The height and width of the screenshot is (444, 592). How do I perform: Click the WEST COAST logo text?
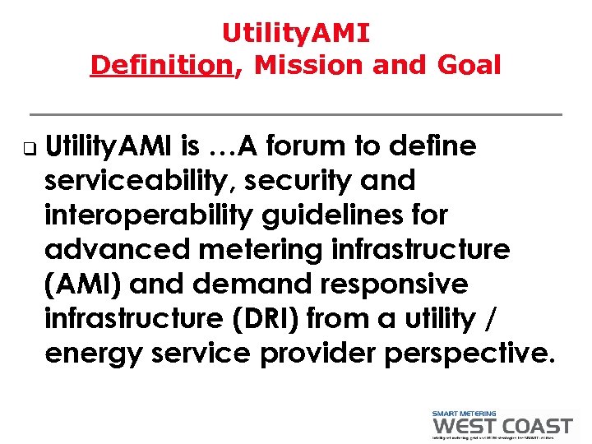point(502,425)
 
